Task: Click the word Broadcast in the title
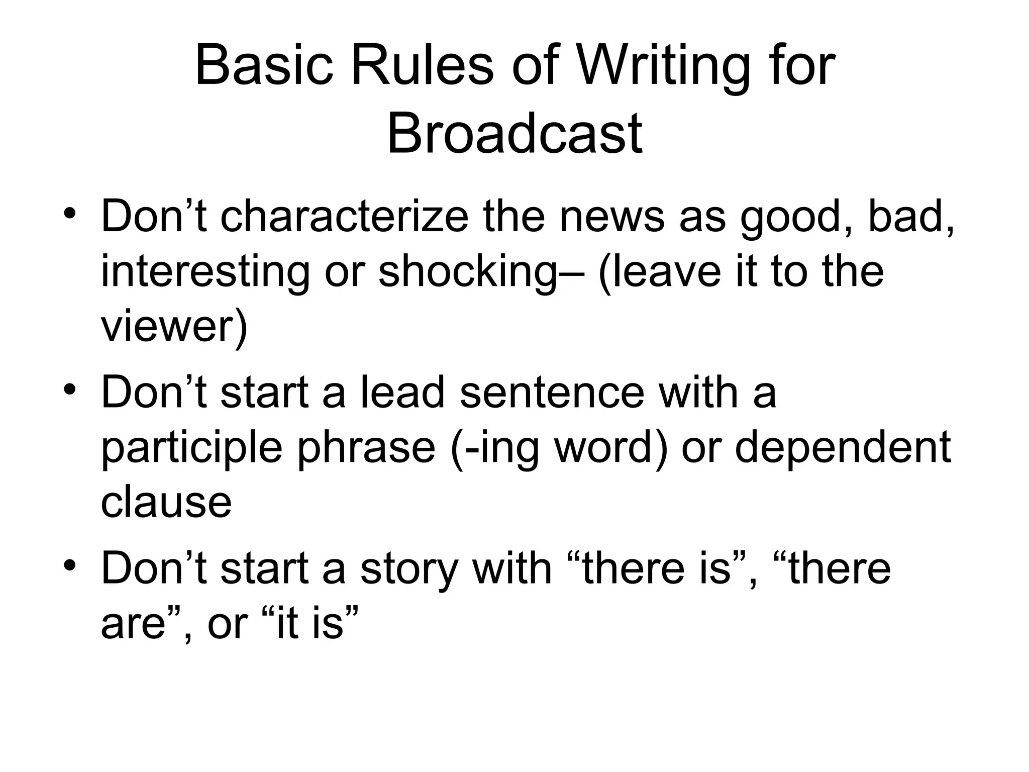tap(514, 134)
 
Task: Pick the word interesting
tap(205, 272)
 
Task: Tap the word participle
tap(192, 447)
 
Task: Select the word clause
tap(166, 502)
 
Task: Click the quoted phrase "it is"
tap(311, 623)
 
